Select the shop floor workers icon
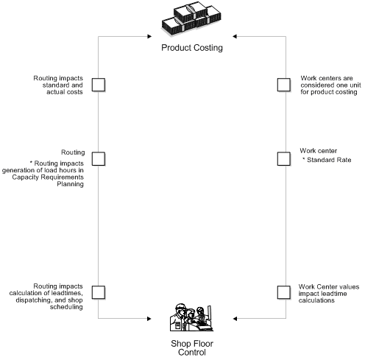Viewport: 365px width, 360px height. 192,317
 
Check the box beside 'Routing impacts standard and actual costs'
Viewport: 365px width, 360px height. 98,85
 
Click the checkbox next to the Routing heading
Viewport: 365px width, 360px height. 98,158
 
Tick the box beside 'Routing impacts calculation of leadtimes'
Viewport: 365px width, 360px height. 98,292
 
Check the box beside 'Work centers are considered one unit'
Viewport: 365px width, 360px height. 283,85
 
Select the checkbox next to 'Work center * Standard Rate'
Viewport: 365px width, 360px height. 283,158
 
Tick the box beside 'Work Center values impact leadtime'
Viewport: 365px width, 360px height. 283,292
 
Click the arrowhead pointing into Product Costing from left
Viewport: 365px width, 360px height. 153,34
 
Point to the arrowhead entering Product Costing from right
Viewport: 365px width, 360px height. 233,34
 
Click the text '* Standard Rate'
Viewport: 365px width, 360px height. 327,160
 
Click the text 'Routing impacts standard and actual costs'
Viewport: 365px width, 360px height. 58,85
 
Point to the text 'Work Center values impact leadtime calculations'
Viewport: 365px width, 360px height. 328,292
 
